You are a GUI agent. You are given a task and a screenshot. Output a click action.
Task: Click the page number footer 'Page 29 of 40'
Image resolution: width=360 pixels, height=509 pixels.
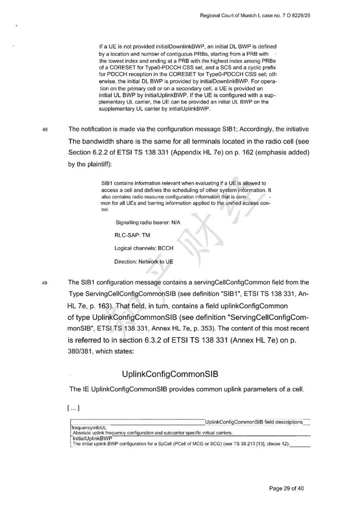pyautogui.click(x=287, y=489)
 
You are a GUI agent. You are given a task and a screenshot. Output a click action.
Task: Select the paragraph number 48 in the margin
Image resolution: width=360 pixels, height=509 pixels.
pyautogui.click(x=45, y=130)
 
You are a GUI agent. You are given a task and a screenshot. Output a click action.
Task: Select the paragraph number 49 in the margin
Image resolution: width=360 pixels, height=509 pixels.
pyautogui.click(x=45, y=283)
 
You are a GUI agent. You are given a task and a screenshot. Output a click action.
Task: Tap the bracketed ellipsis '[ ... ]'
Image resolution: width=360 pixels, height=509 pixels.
pyautogui.click(x=74, y=409)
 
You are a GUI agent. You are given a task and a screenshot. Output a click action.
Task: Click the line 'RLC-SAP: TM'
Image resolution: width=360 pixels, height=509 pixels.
pyautogui.click(x=129, y=236)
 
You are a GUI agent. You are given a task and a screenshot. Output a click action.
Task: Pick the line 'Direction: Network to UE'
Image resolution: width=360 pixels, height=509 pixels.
pyautogui.click(x=144, y=262)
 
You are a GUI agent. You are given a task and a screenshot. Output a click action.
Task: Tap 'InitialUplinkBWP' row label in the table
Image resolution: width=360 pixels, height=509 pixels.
pyautogui.click(x=92, y=438)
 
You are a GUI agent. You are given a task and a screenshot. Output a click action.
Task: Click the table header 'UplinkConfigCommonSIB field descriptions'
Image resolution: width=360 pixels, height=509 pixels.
pyautogui.click(x=253, y=422)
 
